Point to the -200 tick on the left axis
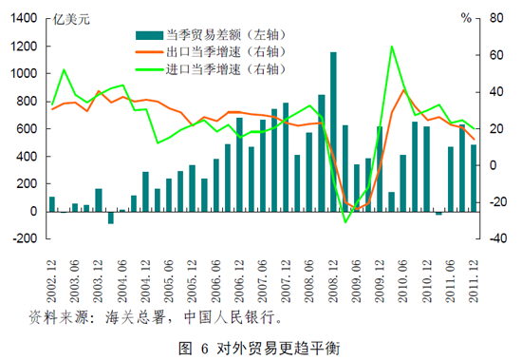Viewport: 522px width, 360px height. pos(25,239)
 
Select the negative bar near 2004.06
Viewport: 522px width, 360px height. pos(110,218)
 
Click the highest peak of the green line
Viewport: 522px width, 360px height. pos(392,47)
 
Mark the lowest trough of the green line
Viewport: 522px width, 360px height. pos(345,221)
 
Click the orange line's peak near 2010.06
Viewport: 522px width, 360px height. pos(404,90)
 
